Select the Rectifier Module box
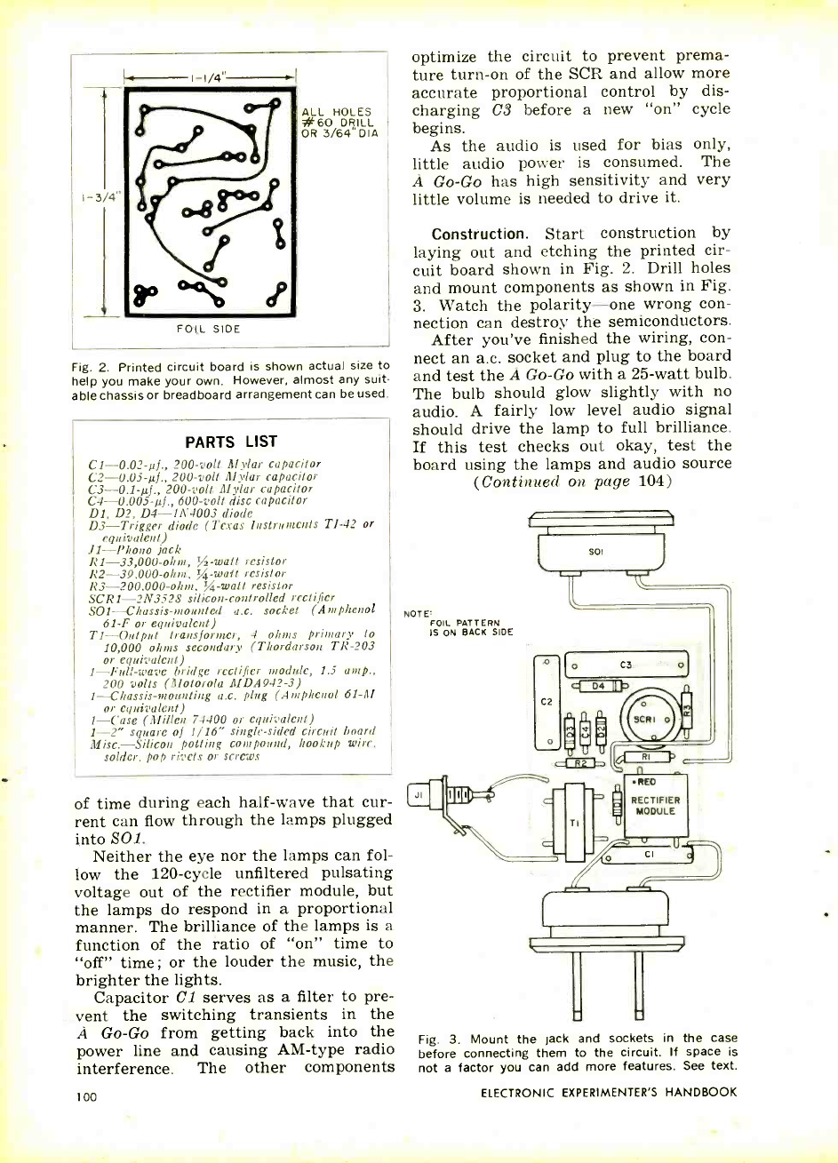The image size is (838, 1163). click(x=656, y=805)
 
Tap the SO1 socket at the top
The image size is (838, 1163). click(x=614, y=551)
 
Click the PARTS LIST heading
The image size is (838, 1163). click(x=231, y=442)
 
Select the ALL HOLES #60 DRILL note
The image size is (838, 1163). click(x=341, y=123)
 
